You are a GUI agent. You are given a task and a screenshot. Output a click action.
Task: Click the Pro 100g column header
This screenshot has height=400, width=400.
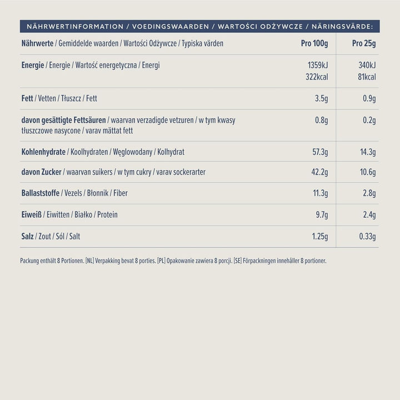(314, 44)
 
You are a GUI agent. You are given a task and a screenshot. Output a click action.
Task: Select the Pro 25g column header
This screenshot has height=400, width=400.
(364, 44)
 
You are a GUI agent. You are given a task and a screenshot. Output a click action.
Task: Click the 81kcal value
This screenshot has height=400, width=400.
(367, 77)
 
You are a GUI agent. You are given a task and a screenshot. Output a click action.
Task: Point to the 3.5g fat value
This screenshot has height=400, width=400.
(321, 99)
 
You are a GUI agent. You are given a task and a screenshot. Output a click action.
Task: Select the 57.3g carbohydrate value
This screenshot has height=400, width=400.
(319, 152)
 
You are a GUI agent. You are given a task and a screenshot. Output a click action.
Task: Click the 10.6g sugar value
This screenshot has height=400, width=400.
(367, 172)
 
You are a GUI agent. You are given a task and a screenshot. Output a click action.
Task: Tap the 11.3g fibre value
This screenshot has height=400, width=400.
(319, 193)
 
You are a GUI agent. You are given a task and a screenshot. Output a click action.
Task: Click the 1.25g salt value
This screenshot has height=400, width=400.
(319, 237)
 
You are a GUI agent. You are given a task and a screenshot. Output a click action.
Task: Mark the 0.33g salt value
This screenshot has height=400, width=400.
(367, 237)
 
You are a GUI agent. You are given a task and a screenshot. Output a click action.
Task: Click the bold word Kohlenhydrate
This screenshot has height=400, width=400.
(43, 152)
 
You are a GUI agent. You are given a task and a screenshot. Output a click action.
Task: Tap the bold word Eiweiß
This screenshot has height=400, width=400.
(32, 214)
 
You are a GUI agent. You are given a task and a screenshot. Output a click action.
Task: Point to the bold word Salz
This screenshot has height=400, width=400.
(28, 237)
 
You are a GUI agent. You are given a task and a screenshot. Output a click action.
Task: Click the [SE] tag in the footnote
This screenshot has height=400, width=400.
(237, 261)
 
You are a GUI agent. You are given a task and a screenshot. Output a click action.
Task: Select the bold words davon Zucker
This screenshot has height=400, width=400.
(41, 172)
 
